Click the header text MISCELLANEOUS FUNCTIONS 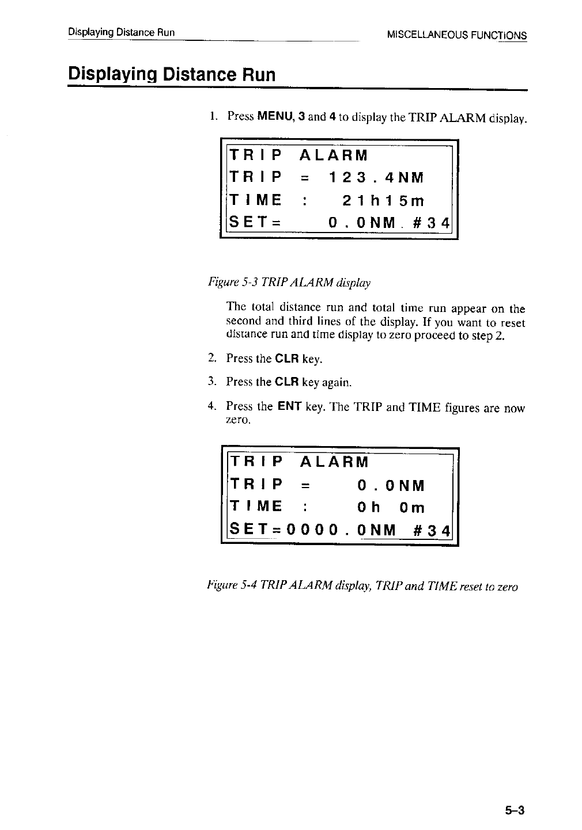click(x=457, y=35)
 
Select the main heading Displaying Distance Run click(x=172, y=75)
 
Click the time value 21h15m click(x=383, y=200)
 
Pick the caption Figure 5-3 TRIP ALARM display click(x=289, y=283)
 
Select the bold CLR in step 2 click(x=286, y=359)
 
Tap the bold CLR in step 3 click(x=286, y=382)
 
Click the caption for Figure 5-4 click(x=362, y=587)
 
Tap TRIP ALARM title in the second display click(x=298, y=462)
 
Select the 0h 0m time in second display click(x=390, y=508)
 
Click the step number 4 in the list click(x=211, y=407)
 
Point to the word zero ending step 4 click(x=237, y=421)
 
